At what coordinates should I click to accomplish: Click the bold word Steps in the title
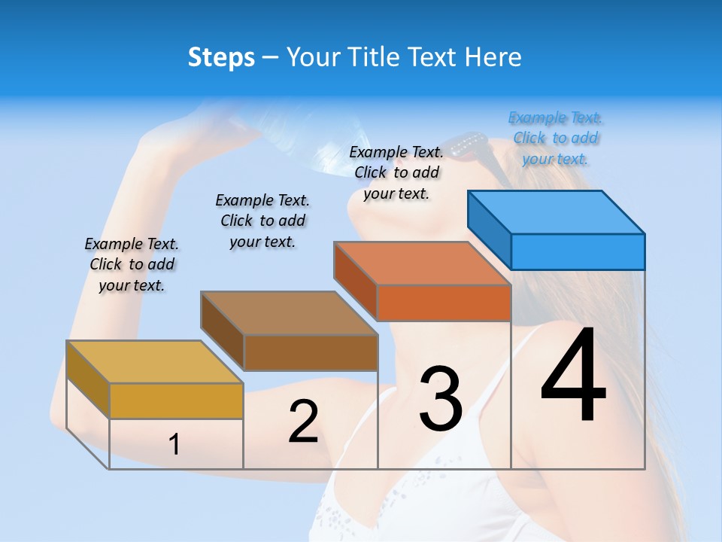(x=221, y=57)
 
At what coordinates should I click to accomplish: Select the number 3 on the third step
(x=441, y=399)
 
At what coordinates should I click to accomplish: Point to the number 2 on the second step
(x=303, y=422)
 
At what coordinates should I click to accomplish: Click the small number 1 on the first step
(x=174, y=444)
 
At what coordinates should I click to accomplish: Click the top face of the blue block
(x=557, y=212)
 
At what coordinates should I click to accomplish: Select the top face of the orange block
(x=423, y=263)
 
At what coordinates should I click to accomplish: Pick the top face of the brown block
(x=289, y=313)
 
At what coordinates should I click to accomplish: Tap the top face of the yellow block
(x=155, y=362)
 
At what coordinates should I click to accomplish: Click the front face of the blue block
(x=578, y=251)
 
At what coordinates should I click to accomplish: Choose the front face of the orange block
(x=444, y=303)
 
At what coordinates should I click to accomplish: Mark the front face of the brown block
(x=311, y=352)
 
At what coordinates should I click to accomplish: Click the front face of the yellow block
(x=176, y=400)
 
